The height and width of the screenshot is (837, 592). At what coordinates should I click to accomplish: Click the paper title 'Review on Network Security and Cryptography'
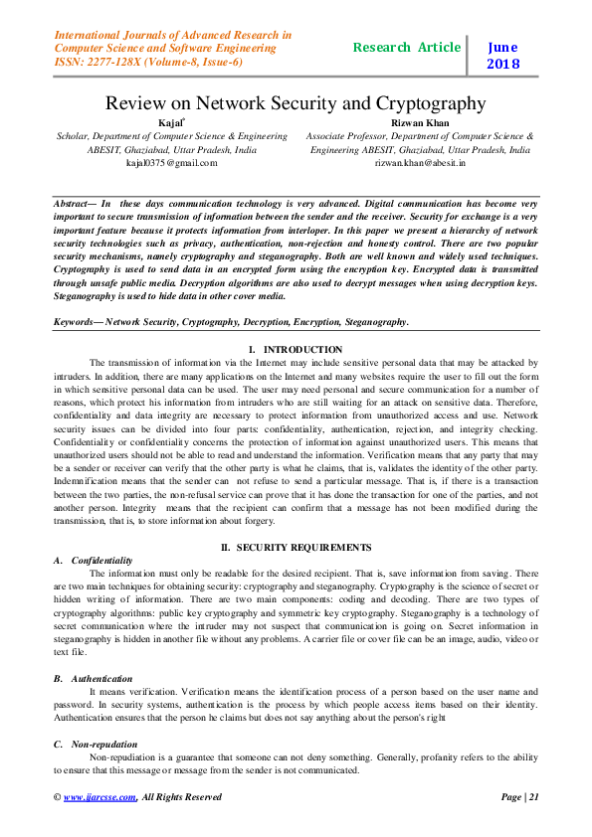click(x=296, y=102)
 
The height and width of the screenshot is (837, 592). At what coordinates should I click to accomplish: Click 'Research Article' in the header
click(x=407, y=47)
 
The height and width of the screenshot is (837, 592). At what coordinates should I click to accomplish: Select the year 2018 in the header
click(x=502, y=64)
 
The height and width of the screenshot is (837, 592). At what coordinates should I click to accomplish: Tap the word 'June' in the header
click(x=502, y=46)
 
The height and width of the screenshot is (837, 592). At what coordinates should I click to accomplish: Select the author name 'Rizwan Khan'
click(x=419, y=122)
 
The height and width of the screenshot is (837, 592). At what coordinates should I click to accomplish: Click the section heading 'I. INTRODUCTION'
click(x=296, y=350)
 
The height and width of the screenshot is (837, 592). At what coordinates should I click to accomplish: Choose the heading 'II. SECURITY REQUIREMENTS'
click(x=296, y=548)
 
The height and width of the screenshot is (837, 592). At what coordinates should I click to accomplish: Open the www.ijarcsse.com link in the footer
click(x=99, y=796)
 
